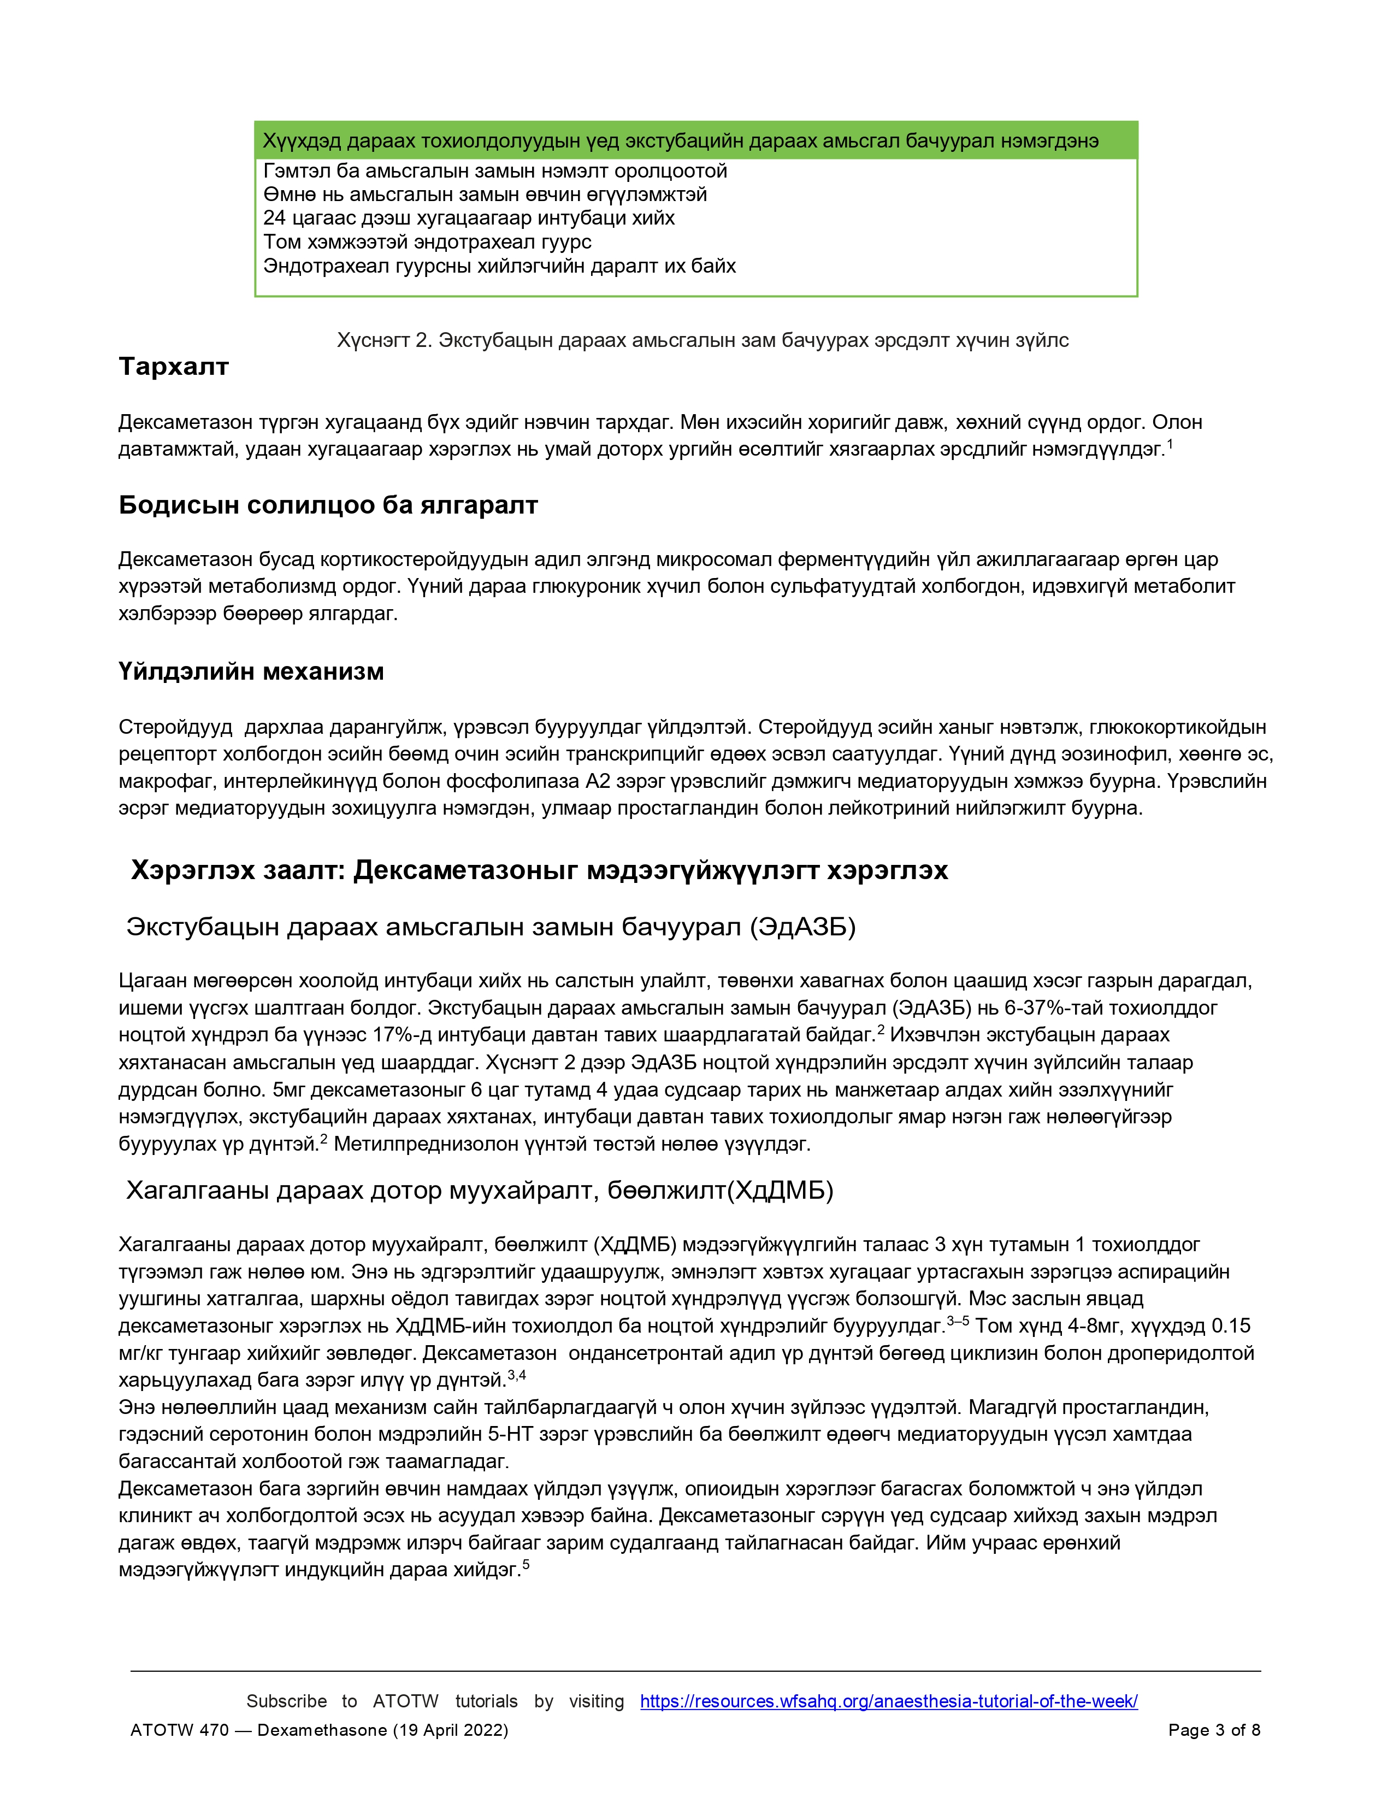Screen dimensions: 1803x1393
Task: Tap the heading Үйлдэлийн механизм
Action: point(251,671)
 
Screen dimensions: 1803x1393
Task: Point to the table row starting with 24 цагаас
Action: point(469,218)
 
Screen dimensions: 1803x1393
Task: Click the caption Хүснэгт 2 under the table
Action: point(703,340)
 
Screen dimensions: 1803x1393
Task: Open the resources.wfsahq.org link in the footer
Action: point(889,1701)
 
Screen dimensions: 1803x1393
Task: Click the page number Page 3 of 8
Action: point(1214,1730)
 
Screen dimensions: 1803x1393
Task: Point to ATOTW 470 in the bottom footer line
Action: point(179,1730)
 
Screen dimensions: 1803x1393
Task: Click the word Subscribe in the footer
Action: point(286,1701)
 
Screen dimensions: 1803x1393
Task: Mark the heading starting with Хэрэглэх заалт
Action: point(539,870)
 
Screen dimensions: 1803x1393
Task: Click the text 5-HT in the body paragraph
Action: point(509,1434)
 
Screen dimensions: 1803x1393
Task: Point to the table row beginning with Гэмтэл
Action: point(495,171)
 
